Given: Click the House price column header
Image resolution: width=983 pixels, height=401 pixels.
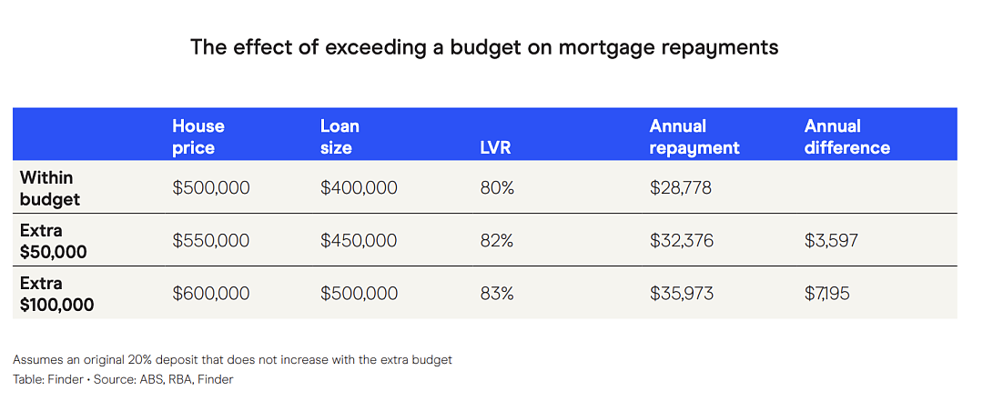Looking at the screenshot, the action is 198,136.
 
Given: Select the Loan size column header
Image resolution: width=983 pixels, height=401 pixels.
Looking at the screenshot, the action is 339,136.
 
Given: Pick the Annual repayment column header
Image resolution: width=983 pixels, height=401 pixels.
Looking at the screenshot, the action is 694,136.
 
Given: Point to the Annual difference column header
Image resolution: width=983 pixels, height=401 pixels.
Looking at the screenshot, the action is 847,136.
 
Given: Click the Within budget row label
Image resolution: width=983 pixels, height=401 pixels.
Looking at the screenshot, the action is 50,188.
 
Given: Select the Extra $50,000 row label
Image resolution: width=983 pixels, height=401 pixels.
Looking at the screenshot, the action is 54,241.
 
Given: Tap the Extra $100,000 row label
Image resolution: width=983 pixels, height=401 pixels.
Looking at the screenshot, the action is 57,294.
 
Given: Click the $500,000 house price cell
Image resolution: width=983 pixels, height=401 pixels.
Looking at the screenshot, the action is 210,188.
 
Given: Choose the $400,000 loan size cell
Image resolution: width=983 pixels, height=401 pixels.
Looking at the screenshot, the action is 359,188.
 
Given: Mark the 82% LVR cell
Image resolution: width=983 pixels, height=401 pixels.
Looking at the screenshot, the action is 497,241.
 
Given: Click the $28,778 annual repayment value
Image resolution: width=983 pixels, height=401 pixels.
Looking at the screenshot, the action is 680,188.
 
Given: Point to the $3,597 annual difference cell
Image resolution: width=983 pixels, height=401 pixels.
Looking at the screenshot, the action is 832,241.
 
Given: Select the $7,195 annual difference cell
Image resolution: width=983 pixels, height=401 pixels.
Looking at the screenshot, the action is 827,293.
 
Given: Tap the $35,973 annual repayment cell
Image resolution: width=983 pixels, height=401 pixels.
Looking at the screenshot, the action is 682,293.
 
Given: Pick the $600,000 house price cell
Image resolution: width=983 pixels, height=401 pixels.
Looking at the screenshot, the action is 210,293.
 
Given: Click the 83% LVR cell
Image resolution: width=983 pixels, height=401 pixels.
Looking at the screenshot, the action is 497,293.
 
